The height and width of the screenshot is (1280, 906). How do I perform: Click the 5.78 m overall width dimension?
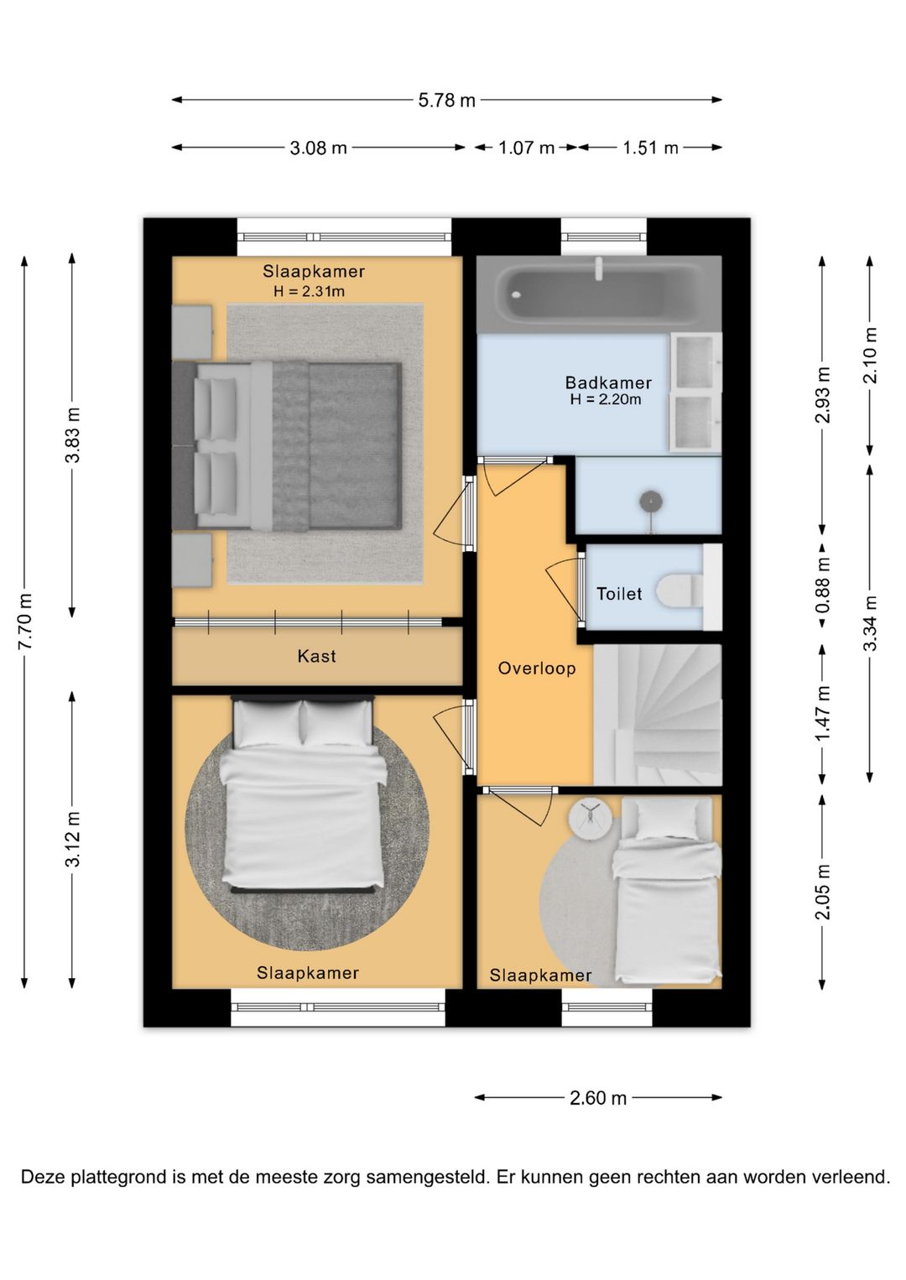446,100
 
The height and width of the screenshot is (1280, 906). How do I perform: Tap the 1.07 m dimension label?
526,148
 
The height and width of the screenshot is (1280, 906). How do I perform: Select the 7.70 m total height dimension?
24,622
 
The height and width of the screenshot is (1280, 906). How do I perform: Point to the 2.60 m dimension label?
598,1098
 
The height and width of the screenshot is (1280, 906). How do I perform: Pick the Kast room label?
316,655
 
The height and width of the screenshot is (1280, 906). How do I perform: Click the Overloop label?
537,668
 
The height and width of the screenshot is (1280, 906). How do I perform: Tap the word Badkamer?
608,382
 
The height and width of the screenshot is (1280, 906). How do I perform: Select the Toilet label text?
619,594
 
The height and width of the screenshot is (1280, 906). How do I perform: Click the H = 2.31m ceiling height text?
309,291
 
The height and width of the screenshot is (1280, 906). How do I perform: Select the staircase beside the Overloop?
658,715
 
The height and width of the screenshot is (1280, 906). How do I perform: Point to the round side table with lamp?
590,819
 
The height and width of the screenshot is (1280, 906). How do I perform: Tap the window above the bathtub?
604,237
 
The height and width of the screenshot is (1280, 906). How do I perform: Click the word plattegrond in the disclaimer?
119,1177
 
